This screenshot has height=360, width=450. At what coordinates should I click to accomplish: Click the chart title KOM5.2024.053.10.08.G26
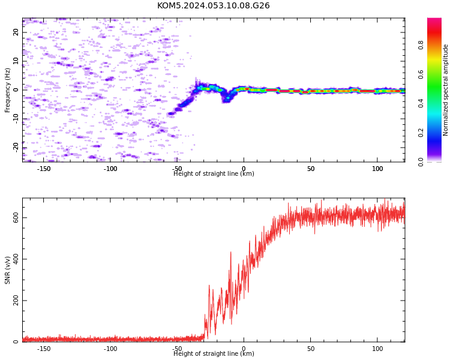(x=213, y=5)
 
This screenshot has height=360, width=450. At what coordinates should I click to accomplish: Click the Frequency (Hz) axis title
(x=7, y=90)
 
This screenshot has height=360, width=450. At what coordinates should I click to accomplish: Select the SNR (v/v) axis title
(x=7, y=270)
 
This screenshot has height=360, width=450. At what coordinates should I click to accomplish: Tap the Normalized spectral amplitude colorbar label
(x=445, y=90)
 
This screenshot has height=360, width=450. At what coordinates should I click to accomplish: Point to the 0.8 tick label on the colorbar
(x=421, y=45)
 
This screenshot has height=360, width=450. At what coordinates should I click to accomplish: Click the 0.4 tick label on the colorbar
(x=421, y=103)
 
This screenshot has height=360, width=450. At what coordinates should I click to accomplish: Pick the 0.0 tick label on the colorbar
(x=421, y=162)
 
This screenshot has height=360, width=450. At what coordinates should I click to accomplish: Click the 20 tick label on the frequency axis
(x=16, y=32)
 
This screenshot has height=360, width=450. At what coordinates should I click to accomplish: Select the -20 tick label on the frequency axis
(x=16, y=148)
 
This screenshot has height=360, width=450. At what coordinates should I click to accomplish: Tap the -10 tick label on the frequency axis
(x=16, y=119)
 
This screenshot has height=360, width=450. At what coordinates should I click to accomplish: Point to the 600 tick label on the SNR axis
(x=16, y=218)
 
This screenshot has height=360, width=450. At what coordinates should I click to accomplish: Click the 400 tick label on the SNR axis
(x=16, y=259)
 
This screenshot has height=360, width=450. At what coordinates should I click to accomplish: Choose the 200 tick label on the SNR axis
(x=16, y=301)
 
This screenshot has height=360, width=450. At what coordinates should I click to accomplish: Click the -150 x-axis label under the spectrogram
(x=44, y=169)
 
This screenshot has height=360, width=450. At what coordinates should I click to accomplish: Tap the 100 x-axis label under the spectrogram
(x=377, y=169)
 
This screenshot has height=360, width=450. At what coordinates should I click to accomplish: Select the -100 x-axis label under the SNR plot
(x=110, y=349)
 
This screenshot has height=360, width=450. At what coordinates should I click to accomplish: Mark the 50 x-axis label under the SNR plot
(x=311, y=349)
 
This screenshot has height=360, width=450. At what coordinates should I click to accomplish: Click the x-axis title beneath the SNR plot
(x=214, y=353)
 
